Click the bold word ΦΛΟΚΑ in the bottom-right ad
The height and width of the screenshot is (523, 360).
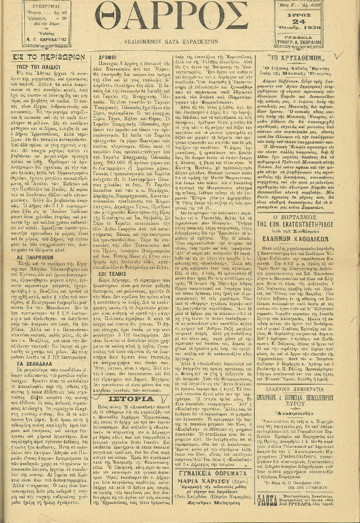pyautogui.click(x=268, y=510)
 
